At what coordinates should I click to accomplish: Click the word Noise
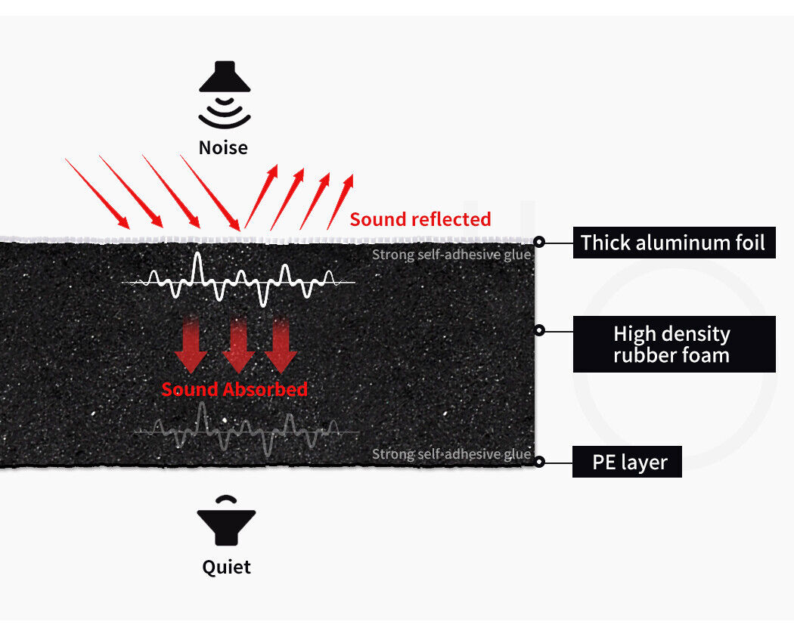[223, 147]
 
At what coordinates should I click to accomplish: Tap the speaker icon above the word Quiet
[226, 521]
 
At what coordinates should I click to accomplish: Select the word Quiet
[226, 567]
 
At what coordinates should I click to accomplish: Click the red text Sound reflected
[420, 220]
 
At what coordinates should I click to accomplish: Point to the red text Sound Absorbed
[234, 390]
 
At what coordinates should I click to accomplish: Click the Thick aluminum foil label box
[673, 243]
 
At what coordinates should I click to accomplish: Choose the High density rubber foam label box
[673, 345]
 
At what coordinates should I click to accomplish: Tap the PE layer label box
[627, 462]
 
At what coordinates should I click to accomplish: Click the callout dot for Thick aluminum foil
[539, 243]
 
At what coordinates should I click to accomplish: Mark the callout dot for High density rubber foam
[539, 330]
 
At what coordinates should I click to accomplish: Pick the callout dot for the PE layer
[538, 460]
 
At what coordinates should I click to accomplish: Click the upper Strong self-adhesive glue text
[451, 255]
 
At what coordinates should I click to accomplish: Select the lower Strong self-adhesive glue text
[451, 454]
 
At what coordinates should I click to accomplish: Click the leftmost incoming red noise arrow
[97, 193]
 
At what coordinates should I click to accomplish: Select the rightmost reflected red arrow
[340, 201]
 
